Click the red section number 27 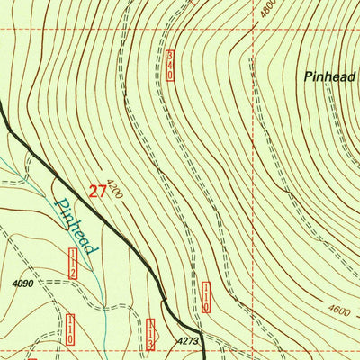click(x=98, y=191)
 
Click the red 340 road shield click(x=169, y=66)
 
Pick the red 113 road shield click(x=151, y=333)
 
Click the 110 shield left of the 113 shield click(x=70, y=329)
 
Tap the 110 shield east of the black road click(x=206, y=297)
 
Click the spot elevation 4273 click(x=186, y=341)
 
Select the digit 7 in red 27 click(x=103, y=191)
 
